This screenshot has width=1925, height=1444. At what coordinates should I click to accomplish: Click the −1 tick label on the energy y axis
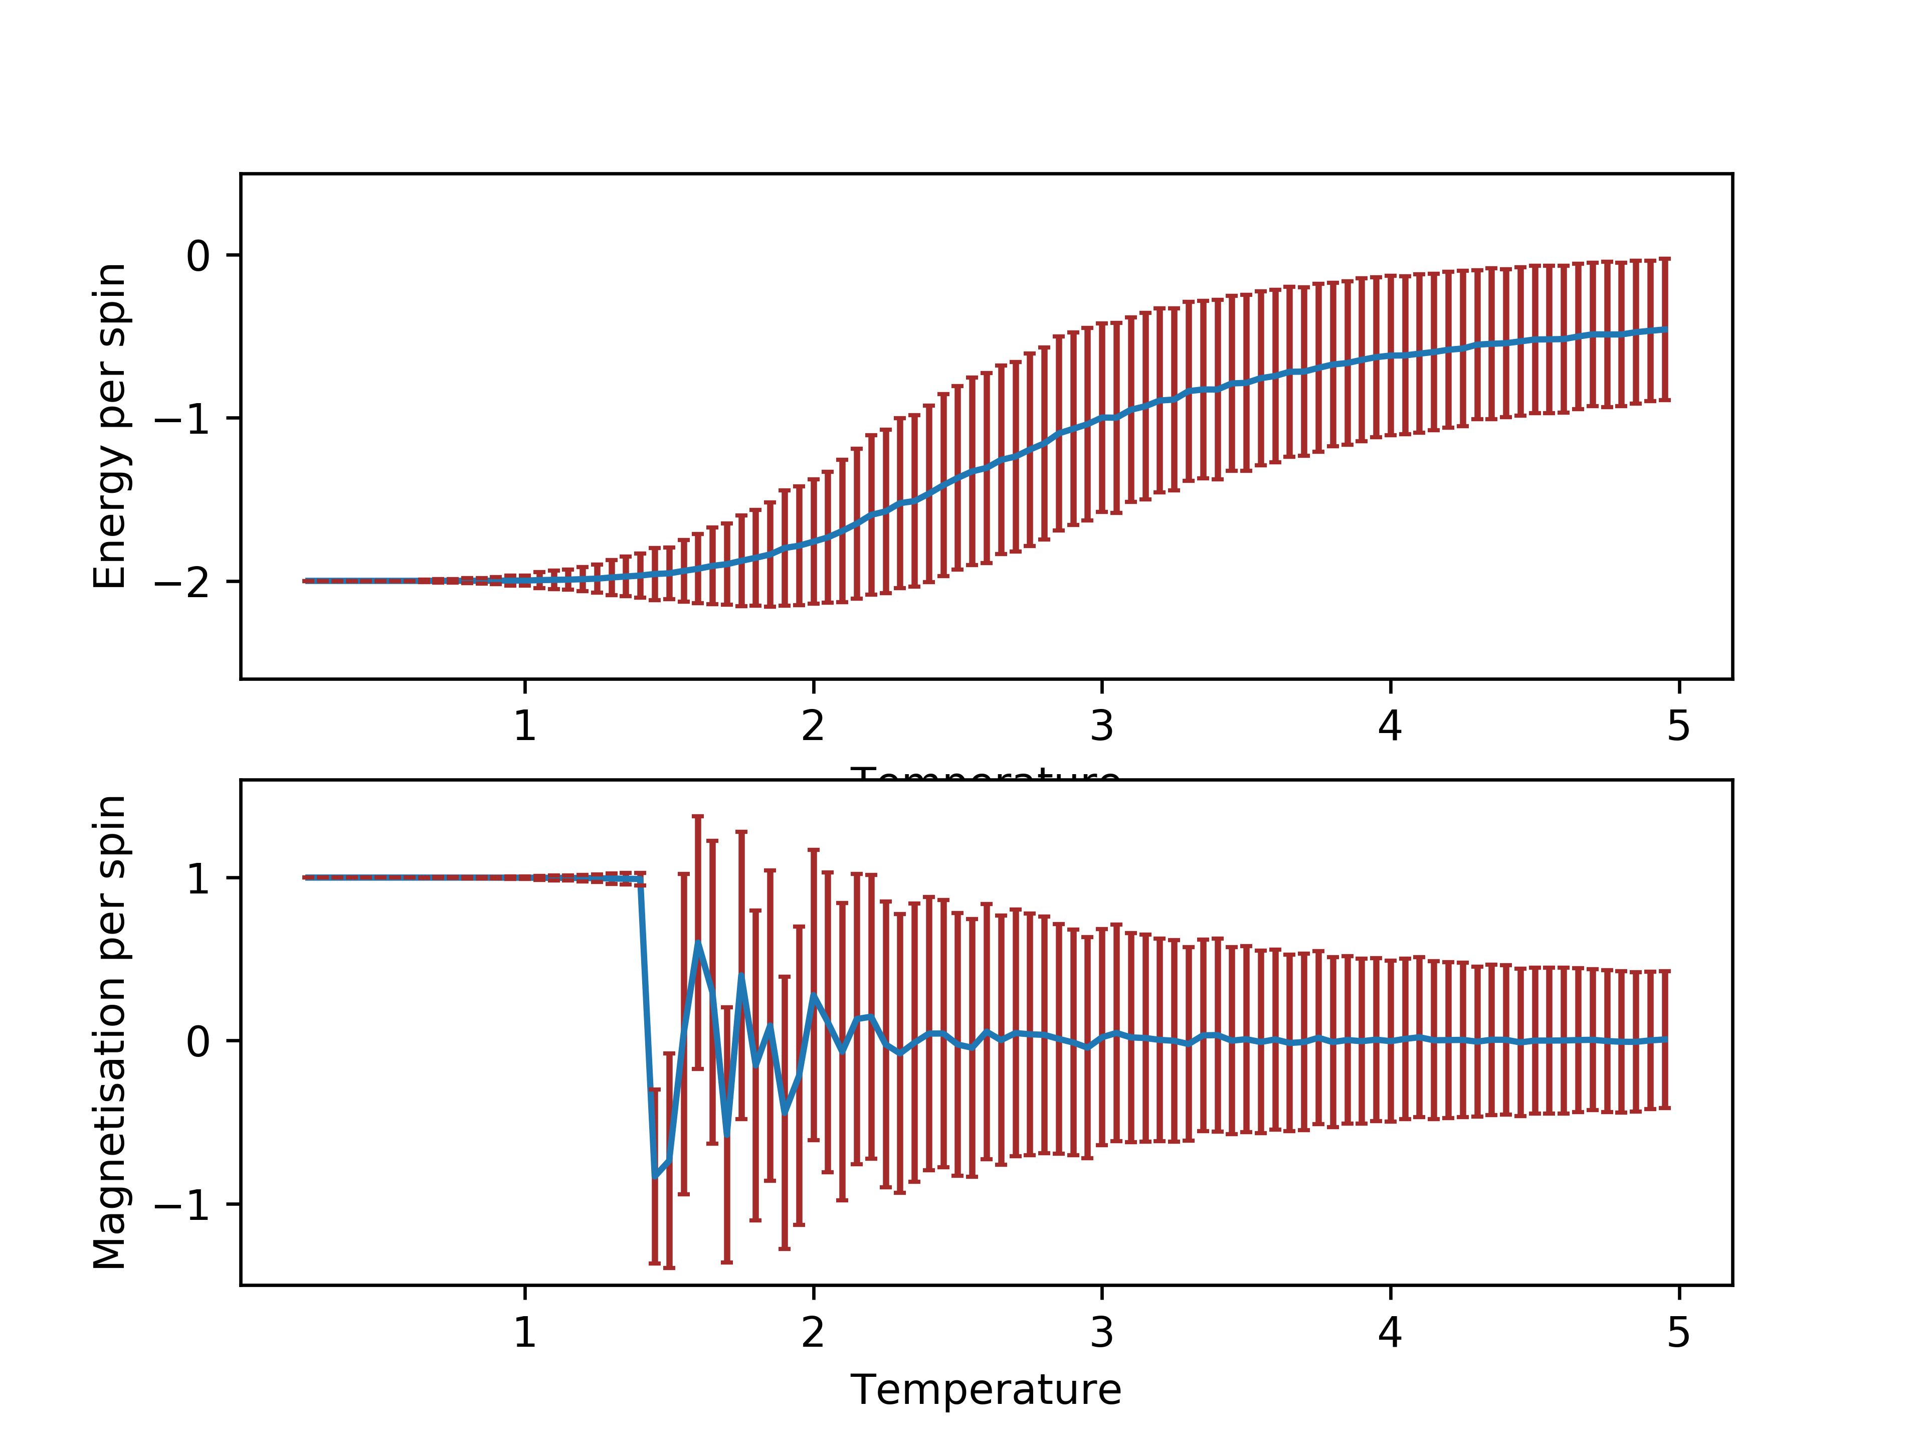pyautogui.click(x=183, y=419)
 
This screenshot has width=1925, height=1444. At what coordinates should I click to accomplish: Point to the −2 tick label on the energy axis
pyautogui.click(x=183, y=582)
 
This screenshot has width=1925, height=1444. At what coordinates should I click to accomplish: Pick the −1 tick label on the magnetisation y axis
pyautogui.click(x=183, y=1205)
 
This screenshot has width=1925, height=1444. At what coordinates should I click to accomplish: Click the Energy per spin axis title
pyautogui.click(x=110, y=427)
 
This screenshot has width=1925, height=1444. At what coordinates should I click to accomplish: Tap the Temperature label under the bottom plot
pyautogui.click(x=986, y=1389)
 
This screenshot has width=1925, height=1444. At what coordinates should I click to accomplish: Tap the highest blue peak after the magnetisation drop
pyautogui.click(x=698, y=944)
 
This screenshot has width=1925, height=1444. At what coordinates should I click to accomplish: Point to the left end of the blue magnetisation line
pyautogui.click(x=305, y=877)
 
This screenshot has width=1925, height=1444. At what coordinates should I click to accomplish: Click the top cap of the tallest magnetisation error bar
pyautogui.click(x=698, y=816)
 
